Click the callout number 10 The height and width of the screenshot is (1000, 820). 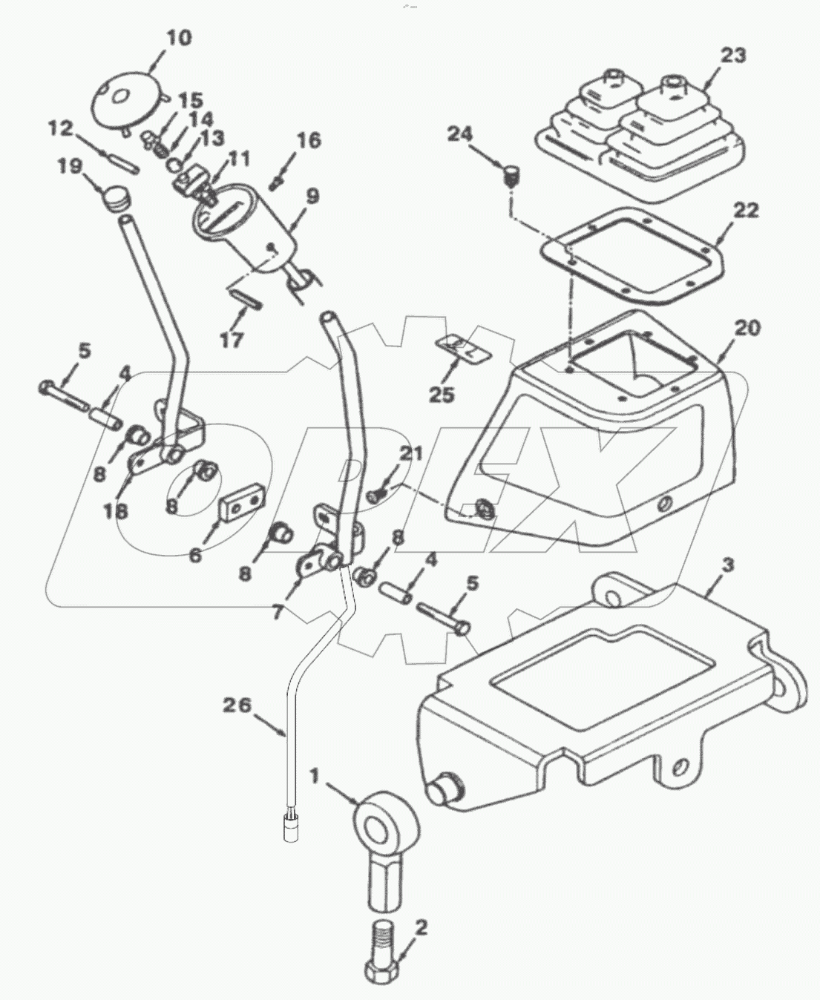(177, 38)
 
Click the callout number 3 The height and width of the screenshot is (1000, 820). (728, 566)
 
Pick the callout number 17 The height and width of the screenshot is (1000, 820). (232, 341)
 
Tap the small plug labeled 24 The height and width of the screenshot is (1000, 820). (510, 175)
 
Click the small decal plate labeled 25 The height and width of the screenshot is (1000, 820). (461, 348)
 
